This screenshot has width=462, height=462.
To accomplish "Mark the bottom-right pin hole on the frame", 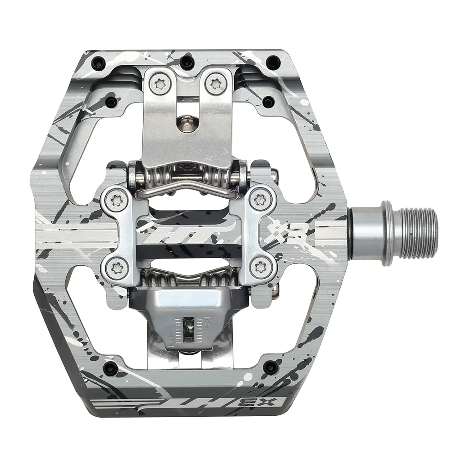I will pos(271,367).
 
